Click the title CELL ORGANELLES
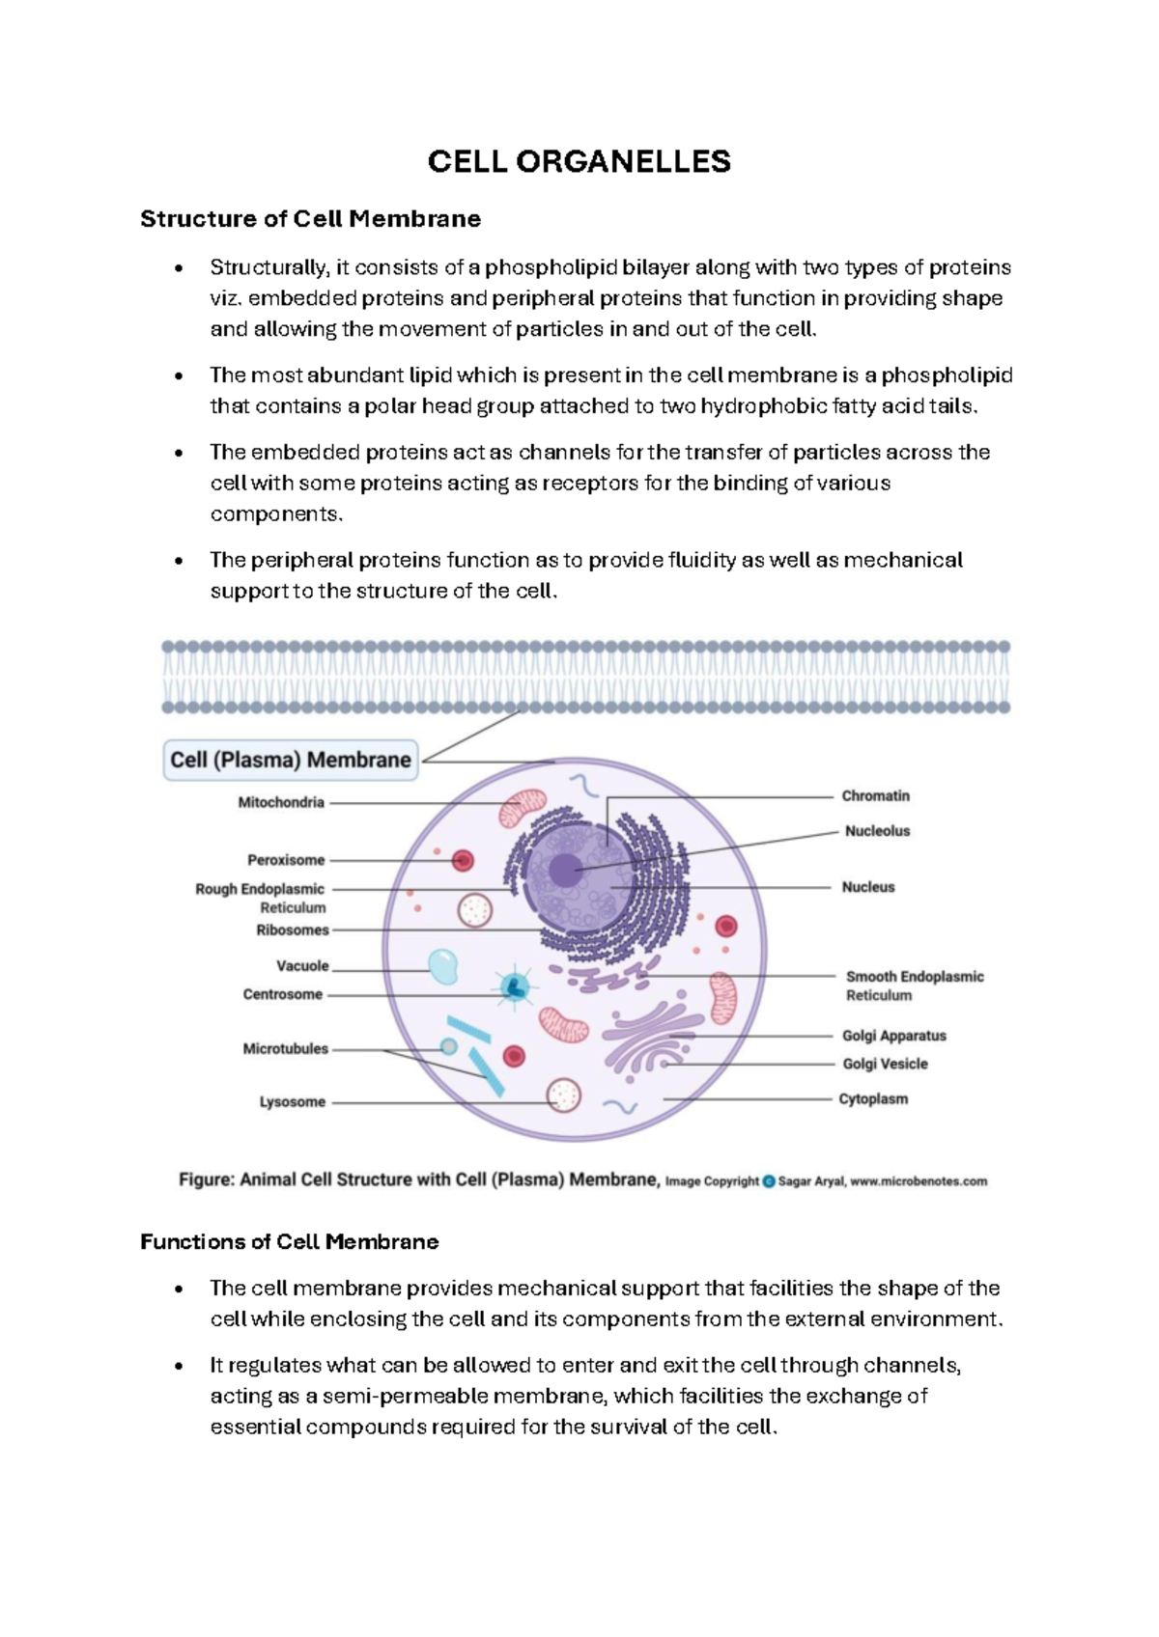point(579,161)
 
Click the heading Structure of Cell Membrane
point(310,219)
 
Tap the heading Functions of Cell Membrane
point(289,1241)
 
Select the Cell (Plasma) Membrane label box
point(291,760)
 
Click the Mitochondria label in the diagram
point(281,802)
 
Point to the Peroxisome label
point(286,860)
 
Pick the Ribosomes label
point(292,930)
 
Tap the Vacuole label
point(302,965)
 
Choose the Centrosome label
point(282,994)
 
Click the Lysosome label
point(292,1101)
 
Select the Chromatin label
point(875,796)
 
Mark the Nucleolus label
point(877,831)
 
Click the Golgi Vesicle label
point(885,1064)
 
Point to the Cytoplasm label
point(873,1098)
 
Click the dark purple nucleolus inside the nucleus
point(565,871)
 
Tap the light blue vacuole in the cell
point(442,966)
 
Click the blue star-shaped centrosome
point(514,986)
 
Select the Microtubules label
point(285,1048)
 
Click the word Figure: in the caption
point(206,1179)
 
